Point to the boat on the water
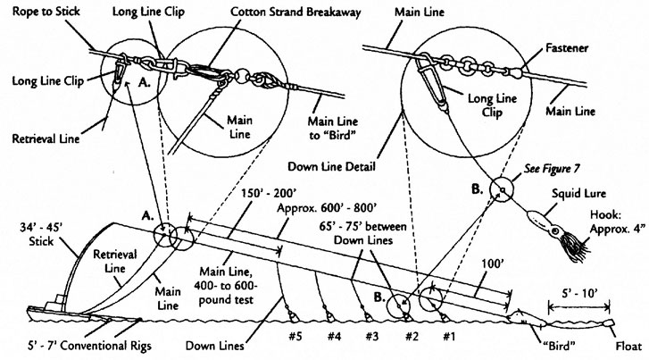point(49,310)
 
